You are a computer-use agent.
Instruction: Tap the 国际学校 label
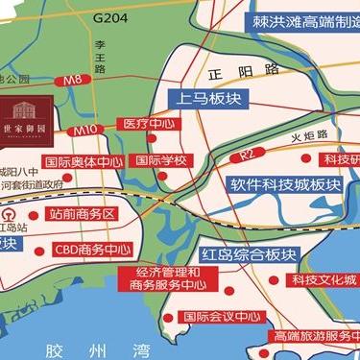click(159, 160)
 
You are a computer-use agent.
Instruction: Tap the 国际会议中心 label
click(221, 316)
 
